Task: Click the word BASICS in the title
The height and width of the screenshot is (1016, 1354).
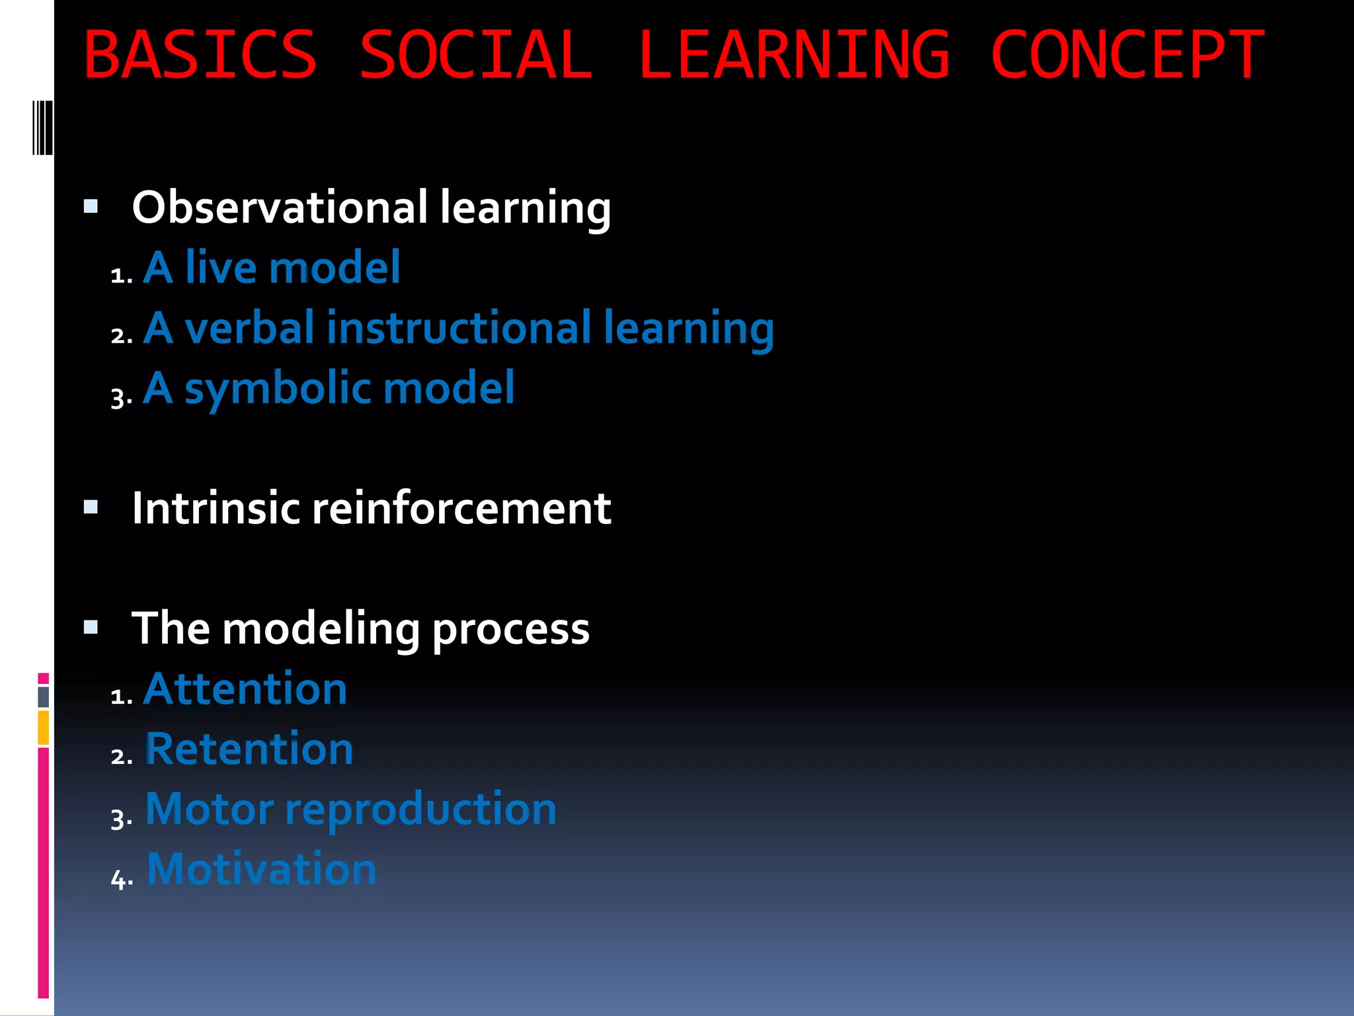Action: pos(200,56)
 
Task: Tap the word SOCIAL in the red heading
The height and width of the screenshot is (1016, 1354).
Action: pos(475,56)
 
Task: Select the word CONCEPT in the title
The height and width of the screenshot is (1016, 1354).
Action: pos(1127,56)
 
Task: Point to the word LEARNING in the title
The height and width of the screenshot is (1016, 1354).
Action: pos(793,56)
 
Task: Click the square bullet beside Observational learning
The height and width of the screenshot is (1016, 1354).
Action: pos(91,207)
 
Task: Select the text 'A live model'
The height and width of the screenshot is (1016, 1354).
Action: pos(272,268)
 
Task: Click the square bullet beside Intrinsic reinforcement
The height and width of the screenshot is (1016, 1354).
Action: pos(91,507)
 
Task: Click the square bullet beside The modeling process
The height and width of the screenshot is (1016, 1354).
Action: pos(91,627)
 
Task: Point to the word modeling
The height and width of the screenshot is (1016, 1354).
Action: pos(321,629)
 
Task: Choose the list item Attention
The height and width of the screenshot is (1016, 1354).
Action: pos(245,689)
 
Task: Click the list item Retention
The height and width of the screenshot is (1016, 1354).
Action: pos(249,749)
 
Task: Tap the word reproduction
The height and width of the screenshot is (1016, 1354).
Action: pos(420,810)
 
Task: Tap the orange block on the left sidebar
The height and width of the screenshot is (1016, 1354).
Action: pos(43,728)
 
